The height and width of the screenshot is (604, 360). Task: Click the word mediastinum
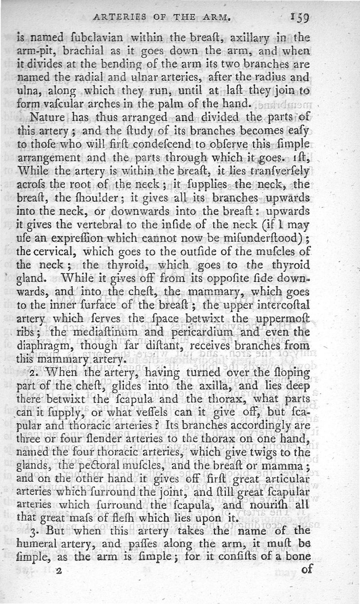click(104, 332)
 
